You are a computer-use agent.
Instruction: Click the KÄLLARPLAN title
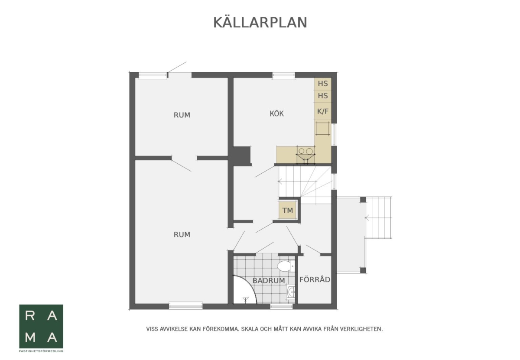click(260, 22)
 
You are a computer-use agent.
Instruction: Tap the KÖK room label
click(277, 114)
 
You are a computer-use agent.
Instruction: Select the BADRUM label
click(269, 281)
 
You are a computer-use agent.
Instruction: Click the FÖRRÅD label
click(315, 279)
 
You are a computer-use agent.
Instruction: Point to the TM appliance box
click(287, 211)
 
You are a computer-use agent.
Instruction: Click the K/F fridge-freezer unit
click(323, 111)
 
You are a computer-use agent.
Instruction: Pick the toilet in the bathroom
click(286, 266)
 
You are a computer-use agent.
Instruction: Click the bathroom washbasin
click(291, 292)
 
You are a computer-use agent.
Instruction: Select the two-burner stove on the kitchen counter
click(305, 152)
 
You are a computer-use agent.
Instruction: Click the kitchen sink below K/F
click(323, 129)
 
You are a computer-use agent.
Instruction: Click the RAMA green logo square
click(41, 326)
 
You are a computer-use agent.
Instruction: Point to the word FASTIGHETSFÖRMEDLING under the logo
click(41, 351)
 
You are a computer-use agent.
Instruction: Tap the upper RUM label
click(182, 115)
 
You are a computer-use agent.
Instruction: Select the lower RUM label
click(182, 234)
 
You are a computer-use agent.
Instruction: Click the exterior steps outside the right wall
click(379, 217)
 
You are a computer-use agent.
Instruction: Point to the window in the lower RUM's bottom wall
click(185, 305)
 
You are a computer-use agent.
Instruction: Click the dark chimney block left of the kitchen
click(242, 156)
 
